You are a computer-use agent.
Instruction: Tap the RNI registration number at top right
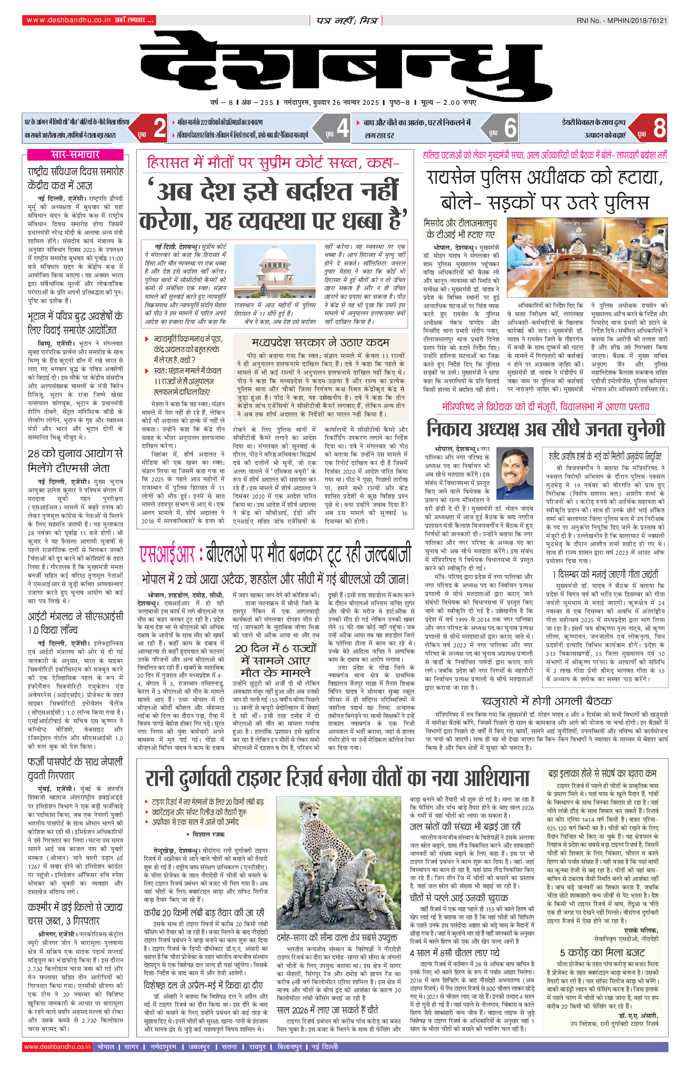pos(621,20)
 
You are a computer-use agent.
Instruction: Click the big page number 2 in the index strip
pos(159,128)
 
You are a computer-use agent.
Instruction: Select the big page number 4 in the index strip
pos(343,128)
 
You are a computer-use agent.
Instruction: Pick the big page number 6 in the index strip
pos(510,128)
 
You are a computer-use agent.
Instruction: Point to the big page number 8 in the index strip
pos(659,128)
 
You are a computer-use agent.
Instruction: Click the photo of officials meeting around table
pos(587,257)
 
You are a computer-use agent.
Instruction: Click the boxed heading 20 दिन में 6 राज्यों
pos(276,661)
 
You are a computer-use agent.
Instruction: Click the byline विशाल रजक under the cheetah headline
pos(208,834)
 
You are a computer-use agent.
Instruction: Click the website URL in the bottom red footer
pos(58,1047)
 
